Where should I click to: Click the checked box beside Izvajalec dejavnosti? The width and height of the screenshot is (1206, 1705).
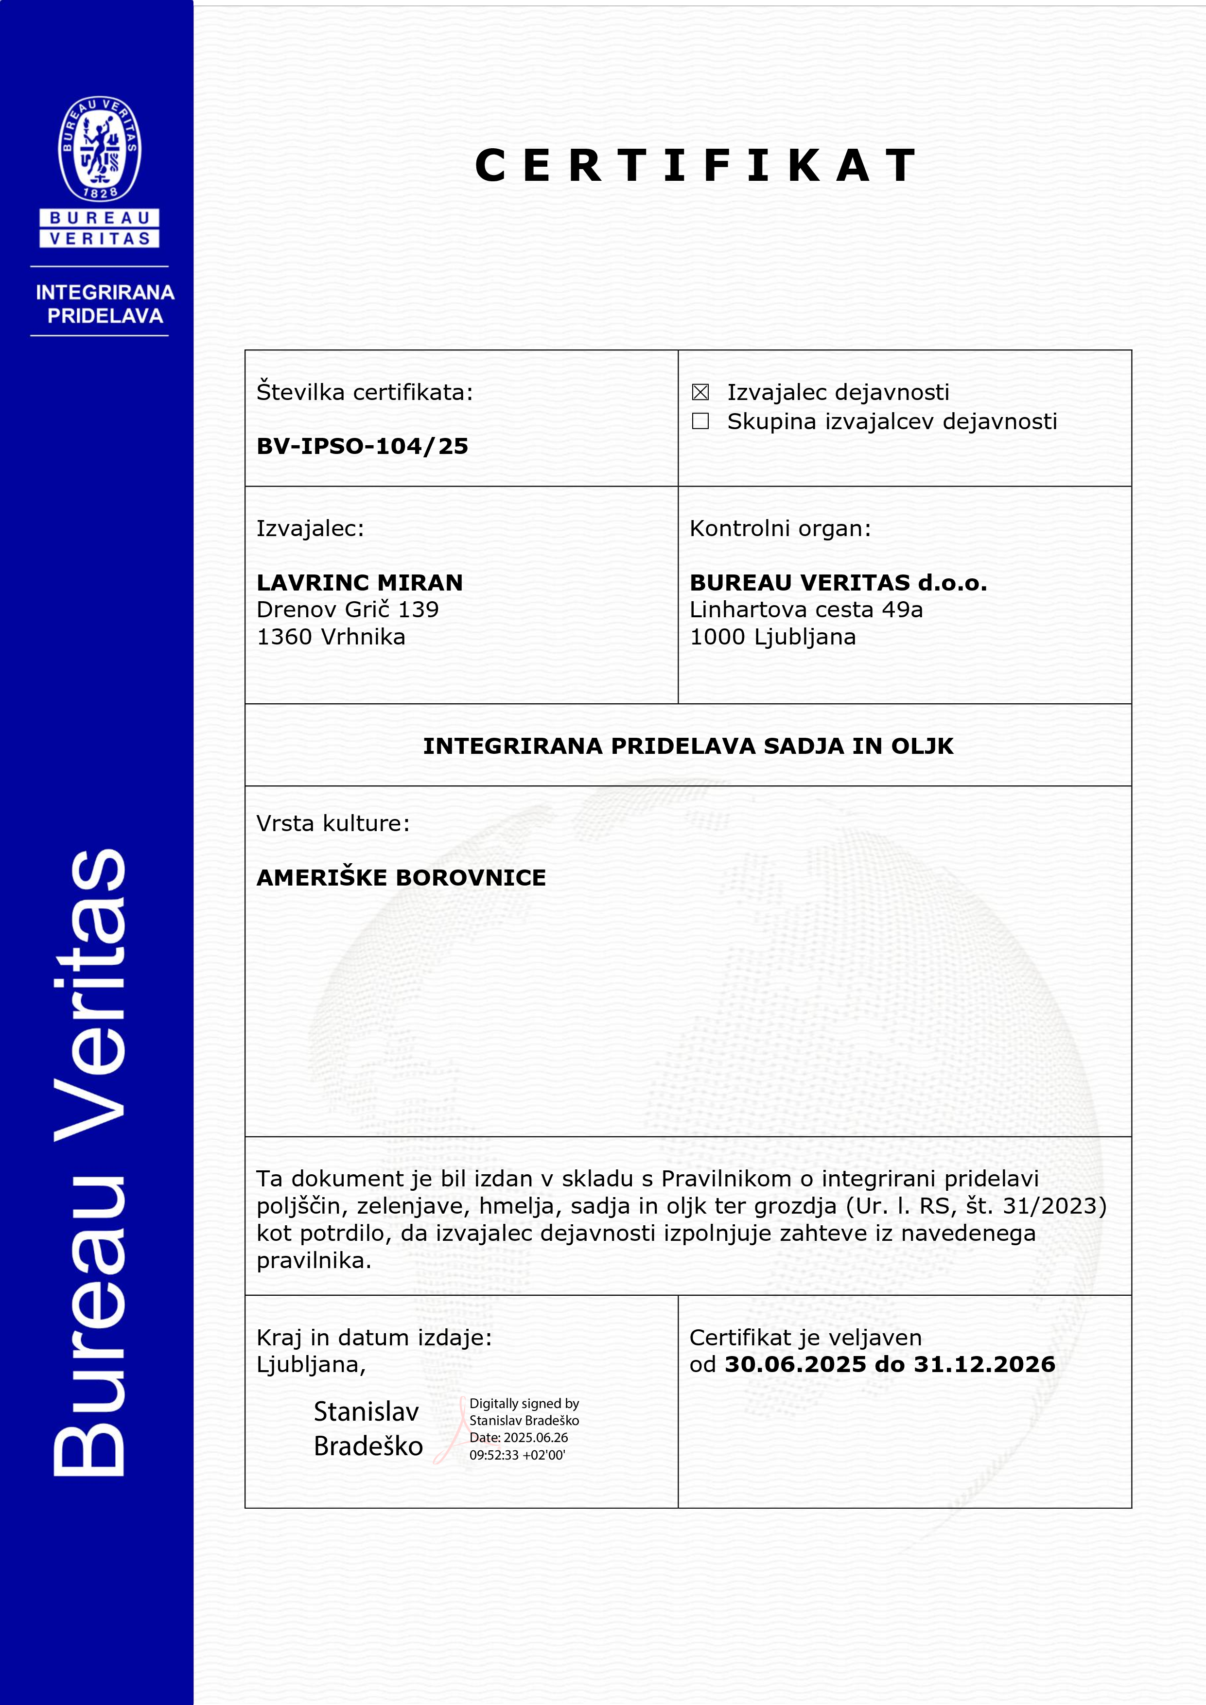pyautogui.click(x=699, y=392)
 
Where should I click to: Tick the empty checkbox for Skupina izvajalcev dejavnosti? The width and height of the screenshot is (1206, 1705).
pyautogui.click(x=699, y=421)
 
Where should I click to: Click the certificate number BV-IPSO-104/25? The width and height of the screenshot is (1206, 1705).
pyautogui.click(x=363, y=446)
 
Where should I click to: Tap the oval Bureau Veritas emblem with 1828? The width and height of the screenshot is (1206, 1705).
pyautogui.click(x=100, y=149)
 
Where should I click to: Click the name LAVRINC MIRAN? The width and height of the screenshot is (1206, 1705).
pyautogui.click(x=359, y=582)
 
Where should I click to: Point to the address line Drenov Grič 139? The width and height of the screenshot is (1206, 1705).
pyautogui.click(x=348, y=609)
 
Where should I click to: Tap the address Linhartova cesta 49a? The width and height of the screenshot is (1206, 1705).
pyautogui.click(x=806, y=609)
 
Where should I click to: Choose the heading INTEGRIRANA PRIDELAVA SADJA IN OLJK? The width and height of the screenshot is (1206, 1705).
pyautogui.click(x=688, y=746)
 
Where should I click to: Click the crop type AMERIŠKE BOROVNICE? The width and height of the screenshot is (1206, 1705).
pyautogui.click(x=401, y=878)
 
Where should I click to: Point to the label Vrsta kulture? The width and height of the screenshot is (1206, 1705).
pyautogui.click(x=332, y=823)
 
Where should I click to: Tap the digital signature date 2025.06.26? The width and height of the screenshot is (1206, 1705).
pyautogui.click(x=535, y=1438)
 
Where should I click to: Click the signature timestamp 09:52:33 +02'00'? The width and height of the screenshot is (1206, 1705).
pyautogui.click(x=517, y=1455)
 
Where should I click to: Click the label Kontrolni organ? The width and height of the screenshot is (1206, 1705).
pyautogui.click(x=780, y=529)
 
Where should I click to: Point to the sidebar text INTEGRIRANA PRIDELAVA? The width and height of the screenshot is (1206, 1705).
pyautogui.click(x=105, y=304)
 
